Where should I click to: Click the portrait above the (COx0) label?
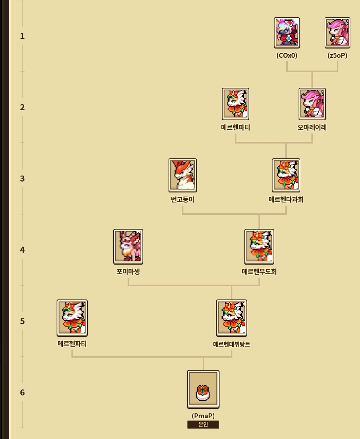(x=287, y=32)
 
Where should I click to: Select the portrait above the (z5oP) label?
(x=337, y=32)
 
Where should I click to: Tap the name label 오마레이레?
(x=312, y=128)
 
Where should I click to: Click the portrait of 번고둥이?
(x=183, y=175)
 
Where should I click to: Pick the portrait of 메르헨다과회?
(x=286, y=175)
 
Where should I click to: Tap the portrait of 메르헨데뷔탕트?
(x=232, y=318)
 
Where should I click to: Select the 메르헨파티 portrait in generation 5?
(x=72, y=318)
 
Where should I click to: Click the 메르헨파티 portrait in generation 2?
(x=236, y=104)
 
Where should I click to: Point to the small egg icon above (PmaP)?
(x=203, y=392)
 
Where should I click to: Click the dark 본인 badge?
(x=203, y=425)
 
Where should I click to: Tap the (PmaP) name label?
(x=203, y=416)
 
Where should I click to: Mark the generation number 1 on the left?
(x=22, y=36)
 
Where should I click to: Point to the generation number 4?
(x=22, y=250)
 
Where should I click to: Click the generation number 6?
(x=22, y=392)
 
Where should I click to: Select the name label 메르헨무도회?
(x=259, y=272)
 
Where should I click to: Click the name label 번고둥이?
(x=183, y=199)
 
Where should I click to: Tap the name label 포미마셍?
(x=128, y=272)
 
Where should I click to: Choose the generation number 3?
(x=22, y=178)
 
